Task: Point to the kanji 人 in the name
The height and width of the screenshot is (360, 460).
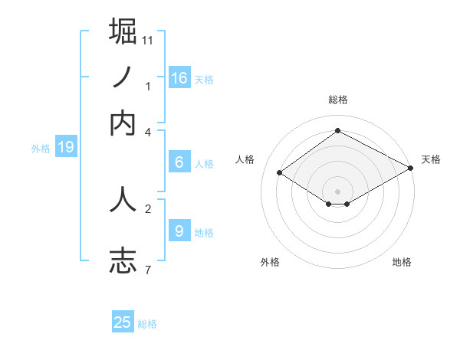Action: pos(123,199)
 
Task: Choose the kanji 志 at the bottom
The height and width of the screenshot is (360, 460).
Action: pos(123,260)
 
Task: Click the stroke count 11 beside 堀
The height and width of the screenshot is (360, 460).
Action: pos(148,40)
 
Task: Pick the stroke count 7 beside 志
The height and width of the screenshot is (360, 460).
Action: pos(148,269)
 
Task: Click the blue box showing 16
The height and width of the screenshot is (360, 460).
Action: pos(179,77)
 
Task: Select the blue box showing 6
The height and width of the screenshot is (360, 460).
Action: pos(179,162)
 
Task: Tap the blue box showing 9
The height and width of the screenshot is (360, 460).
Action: pos(179,231)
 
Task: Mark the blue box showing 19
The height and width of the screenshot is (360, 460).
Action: pos(66,147)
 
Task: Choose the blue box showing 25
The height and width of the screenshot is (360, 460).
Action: pos(123,322)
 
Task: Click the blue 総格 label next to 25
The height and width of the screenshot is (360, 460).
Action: pos(147,324)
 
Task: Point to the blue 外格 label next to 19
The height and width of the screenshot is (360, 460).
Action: pos(41,149)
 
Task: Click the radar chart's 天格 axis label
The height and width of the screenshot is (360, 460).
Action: pos(431,159)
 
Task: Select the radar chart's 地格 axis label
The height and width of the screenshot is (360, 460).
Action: pos(402,262)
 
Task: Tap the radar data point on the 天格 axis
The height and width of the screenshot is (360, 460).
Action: pos(412,169)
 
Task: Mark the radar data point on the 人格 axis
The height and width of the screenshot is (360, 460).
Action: pos(280,173)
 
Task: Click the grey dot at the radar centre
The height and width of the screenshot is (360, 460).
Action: pos(338,191)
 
